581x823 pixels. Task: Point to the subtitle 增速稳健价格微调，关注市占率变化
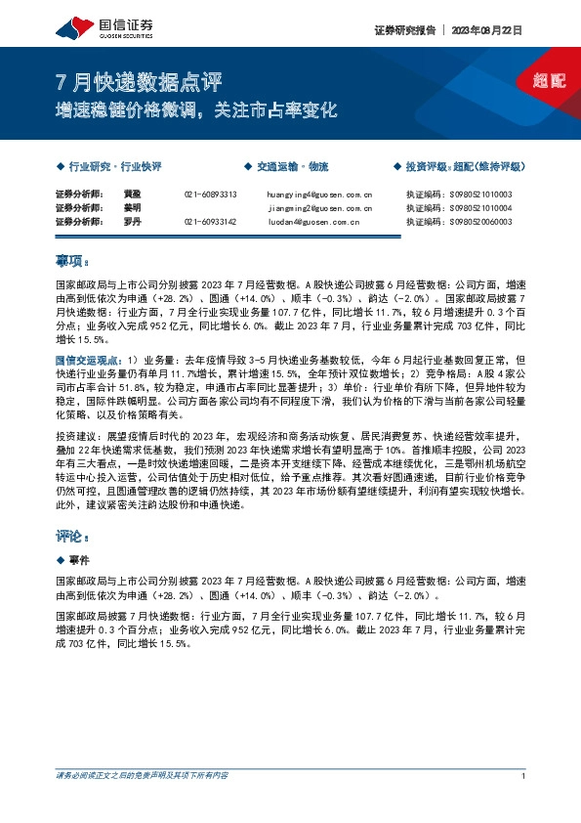[x=194, y=110]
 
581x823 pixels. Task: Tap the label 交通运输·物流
[x=290, y=167]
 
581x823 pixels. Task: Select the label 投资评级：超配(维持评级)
[x=463, y=167]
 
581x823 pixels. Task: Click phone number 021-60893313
[x=211, y=195]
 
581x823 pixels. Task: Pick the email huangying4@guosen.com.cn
[x=318, y=195]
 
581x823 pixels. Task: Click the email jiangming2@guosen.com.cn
[x=318, y=208]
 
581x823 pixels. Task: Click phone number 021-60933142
[x=211, y=222]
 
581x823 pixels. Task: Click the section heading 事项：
[x=72, y=262]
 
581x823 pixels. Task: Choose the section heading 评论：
[x=72, y=537]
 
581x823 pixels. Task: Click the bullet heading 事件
[x=79, y=560]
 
